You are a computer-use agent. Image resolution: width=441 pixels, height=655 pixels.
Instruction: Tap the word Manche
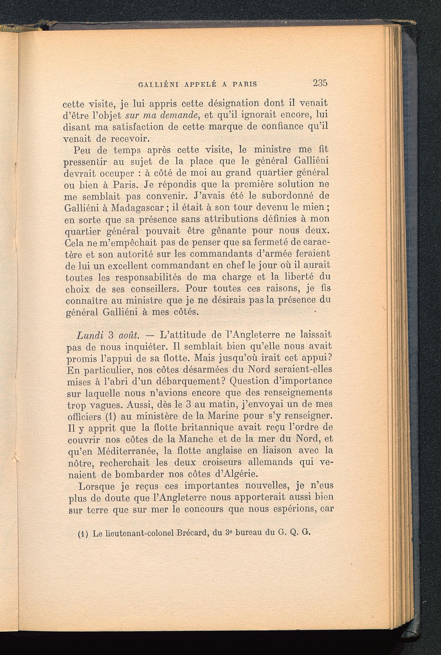(x=196, y=439)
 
